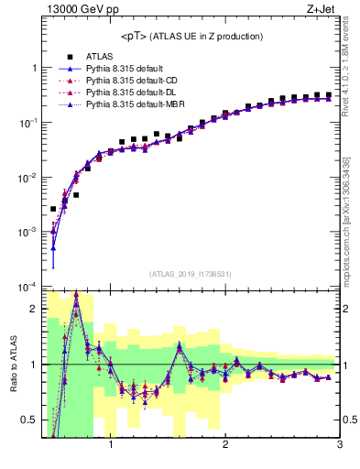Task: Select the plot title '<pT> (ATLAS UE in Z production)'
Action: coord(192,37)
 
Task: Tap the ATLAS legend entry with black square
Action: coord(97,57)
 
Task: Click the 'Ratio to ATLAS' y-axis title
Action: coord(12,365)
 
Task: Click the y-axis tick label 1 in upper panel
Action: coord(35,69)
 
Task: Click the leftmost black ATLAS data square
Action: coord(53,209)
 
